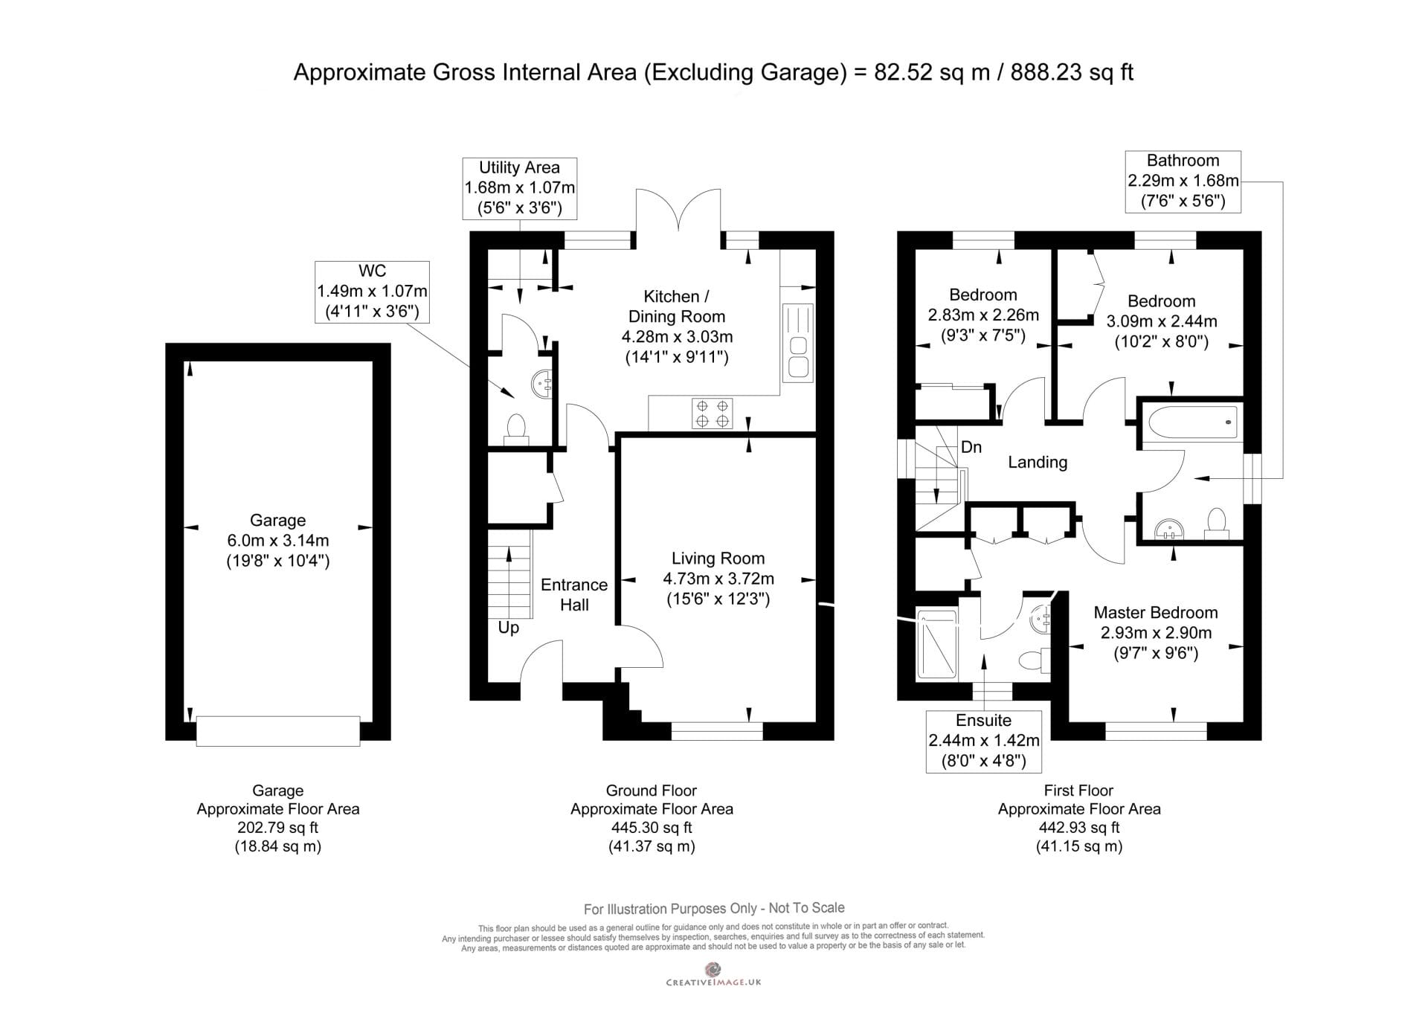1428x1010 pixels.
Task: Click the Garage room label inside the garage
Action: [x=277, y=521]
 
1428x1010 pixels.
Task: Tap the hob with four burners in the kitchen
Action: [x=712, y=414]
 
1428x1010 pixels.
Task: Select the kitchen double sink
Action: [x=797, y=343]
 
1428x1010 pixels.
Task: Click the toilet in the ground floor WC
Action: [x=515, y=431]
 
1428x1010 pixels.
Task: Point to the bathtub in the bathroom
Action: [x=1192, y=423]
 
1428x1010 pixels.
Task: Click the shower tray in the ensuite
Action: [x=937, y=644]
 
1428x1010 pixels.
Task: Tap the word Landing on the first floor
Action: [x=1038, y=463]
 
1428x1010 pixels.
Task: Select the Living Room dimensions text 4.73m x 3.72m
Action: [x=718, y=579]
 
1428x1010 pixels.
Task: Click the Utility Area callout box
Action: [x=519, y=188]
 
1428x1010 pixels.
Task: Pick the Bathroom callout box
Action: [x=1183, y=181]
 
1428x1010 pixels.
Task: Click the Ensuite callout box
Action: [x=983, y=741]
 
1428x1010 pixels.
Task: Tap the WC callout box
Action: [x=372, y=292]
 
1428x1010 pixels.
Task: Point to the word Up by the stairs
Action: [x=509, y=628]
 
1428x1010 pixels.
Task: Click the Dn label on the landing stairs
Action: [x=971, y=447]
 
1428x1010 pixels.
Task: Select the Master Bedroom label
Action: [x=1156, y=613]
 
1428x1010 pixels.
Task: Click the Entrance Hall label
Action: [x=574, y=595]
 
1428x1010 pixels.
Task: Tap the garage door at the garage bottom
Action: [x=278, y=730]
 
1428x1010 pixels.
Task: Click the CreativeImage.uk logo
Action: [x=713, y=974]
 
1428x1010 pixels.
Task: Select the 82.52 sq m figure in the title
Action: [x=932, y=72]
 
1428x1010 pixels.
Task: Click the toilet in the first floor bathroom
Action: [x=1217, y=522]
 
